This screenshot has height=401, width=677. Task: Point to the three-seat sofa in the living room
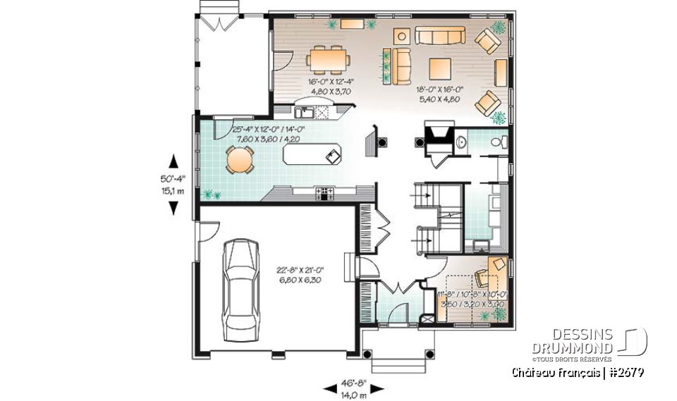[437, 37]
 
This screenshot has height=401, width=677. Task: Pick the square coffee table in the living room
[440, 69]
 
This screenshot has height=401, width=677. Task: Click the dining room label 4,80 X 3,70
[325, 92]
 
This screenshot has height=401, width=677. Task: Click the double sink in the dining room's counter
[305, 111]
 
